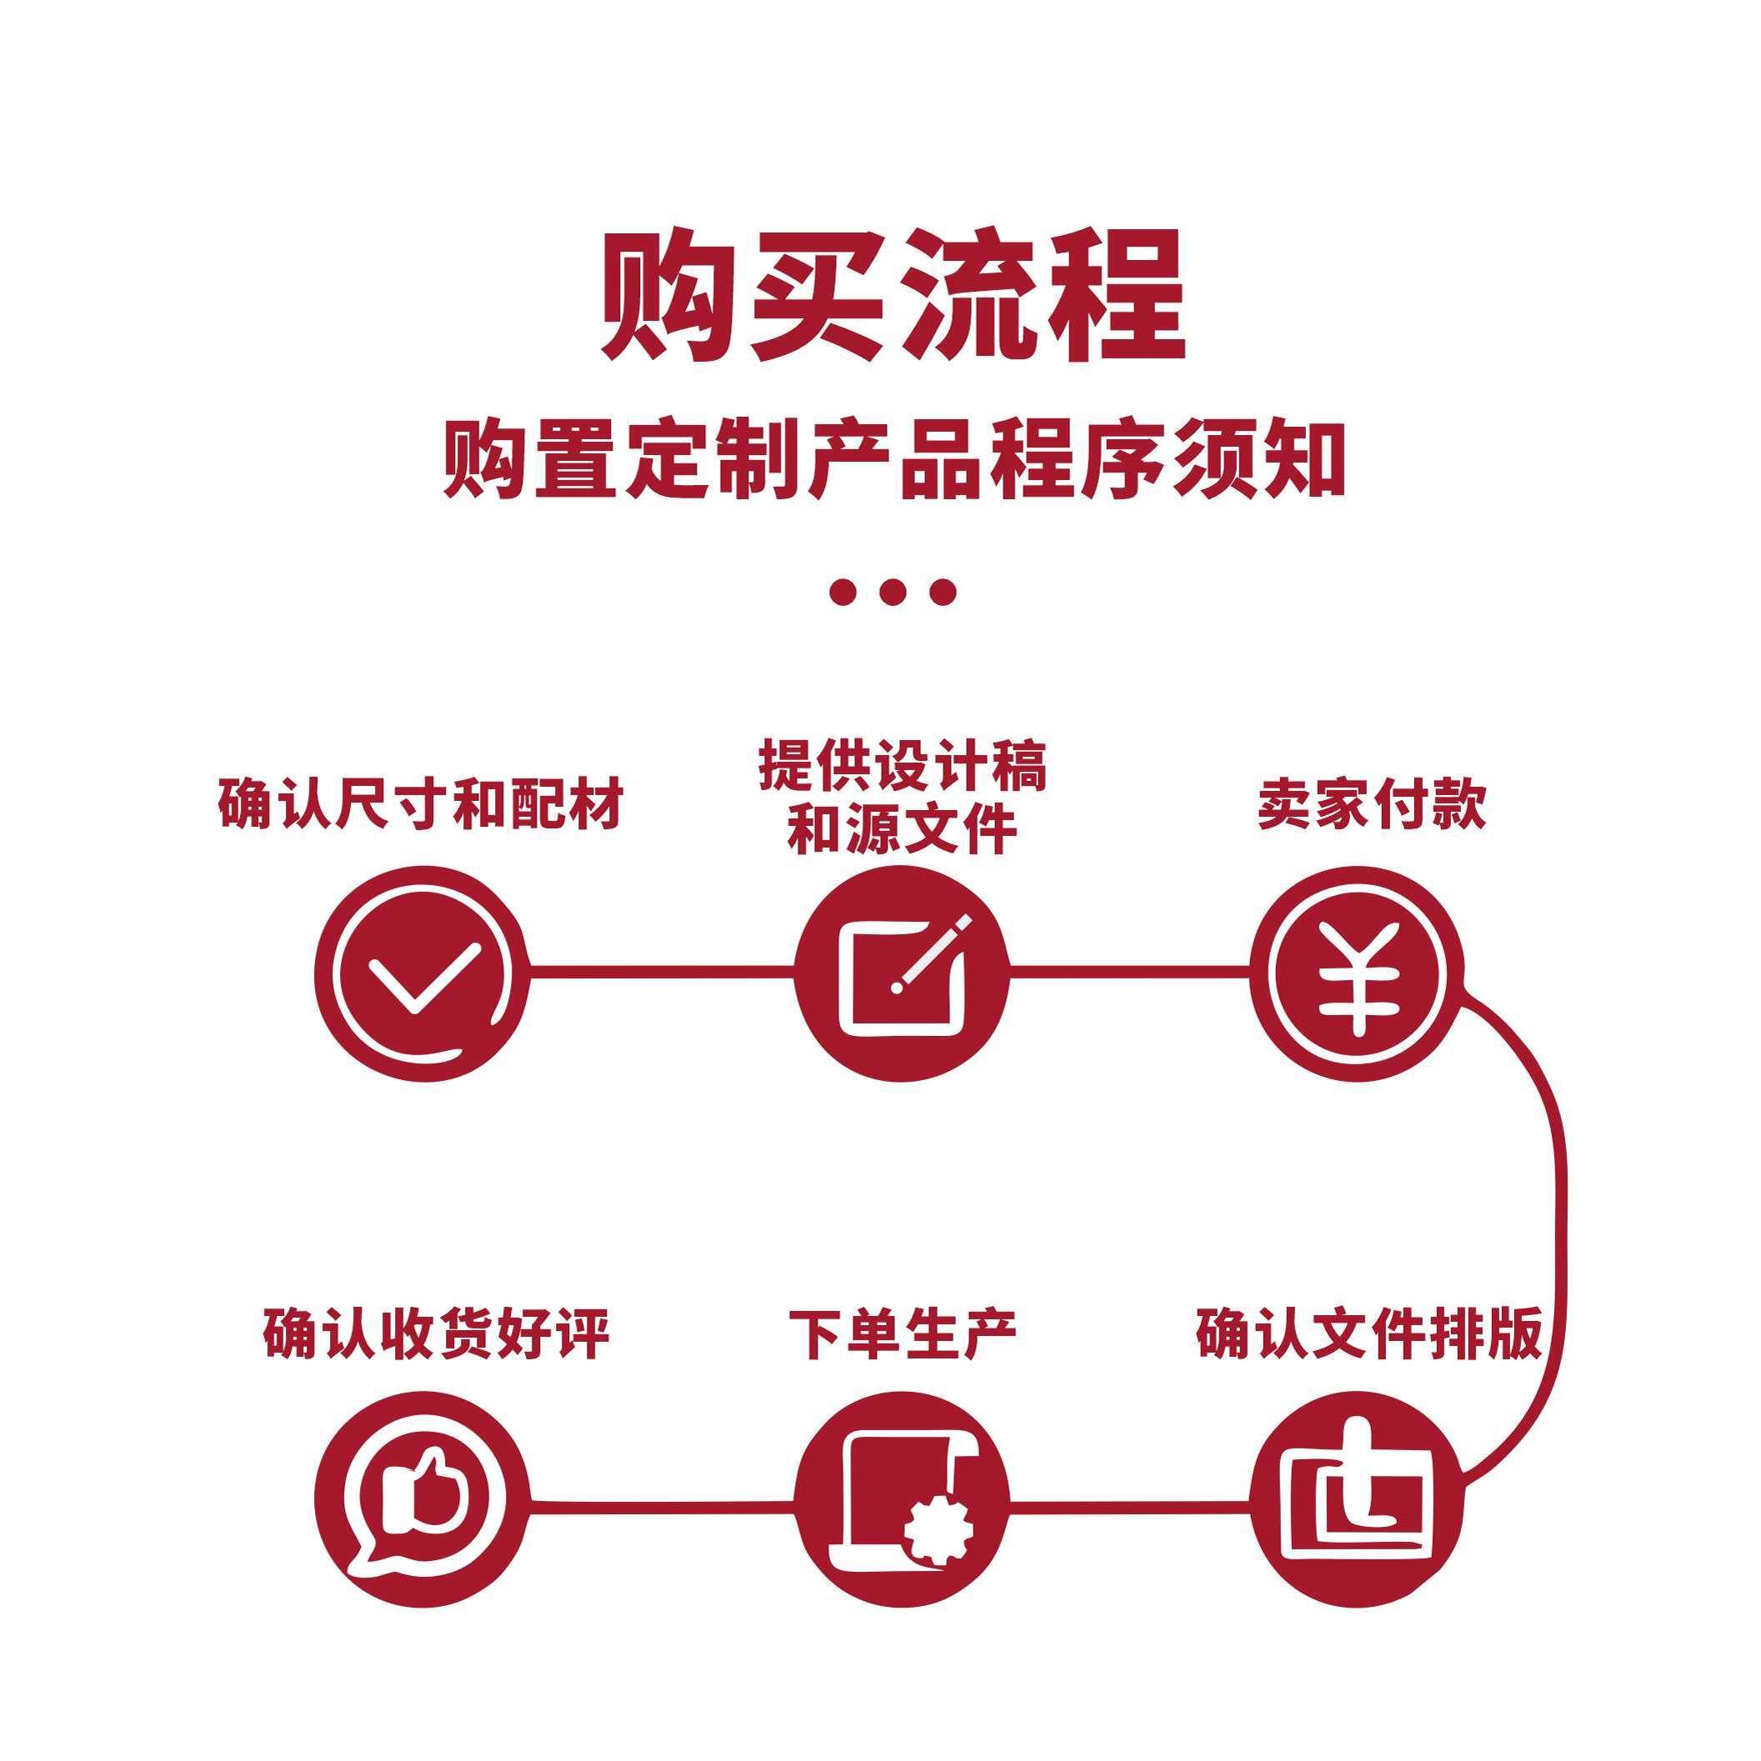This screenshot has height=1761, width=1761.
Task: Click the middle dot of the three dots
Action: click(893, 593)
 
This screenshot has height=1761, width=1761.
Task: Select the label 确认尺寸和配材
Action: click(420, 803)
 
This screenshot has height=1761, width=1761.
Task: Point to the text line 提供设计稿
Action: click(903, 767)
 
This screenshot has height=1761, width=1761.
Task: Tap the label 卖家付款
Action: click(1372, 803)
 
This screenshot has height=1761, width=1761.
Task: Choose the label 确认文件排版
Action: click(1369, 1334)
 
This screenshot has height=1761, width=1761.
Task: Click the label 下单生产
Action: click(903, 1334)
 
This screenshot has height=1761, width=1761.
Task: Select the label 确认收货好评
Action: click(436, 1334)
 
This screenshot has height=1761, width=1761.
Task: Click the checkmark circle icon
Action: click(420, 973)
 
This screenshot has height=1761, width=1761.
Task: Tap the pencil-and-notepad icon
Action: click(902, 973)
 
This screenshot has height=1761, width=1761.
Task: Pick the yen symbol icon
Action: click(1355, 973)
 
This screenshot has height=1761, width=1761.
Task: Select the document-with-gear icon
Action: click(902, 1499)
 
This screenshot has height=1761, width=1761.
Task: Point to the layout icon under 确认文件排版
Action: click(1355, 1499)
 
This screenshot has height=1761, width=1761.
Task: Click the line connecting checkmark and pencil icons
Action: click(661, 973)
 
